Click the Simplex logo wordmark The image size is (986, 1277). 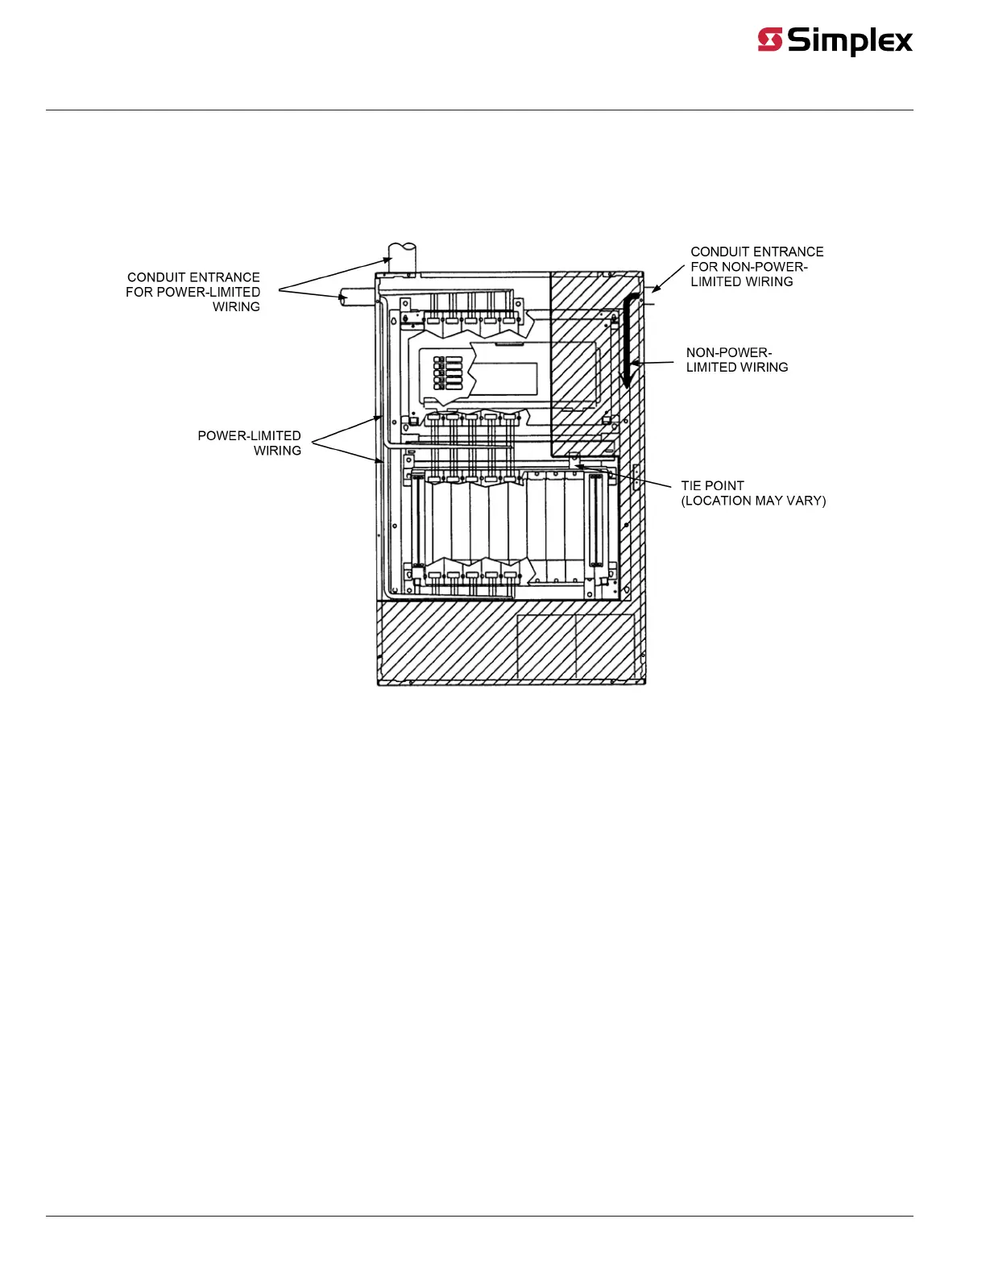[x=850, y=40]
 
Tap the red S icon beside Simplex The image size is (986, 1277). [x=770, y=40]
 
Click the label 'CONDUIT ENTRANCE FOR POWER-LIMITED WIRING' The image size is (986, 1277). [x=193, y=292]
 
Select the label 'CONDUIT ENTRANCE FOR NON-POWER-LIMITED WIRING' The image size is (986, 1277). [x=756, y=267]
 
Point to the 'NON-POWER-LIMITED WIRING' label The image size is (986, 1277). [x=736, y=360]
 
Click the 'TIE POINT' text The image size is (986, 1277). [x=712, y=485]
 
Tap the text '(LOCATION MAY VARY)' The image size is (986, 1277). [x=753, y=501]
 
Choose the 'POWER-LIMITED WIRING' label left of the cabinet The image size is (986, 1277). [x=250, y=443]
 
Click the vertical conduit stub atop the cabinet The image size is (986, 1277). [x=401, y=256]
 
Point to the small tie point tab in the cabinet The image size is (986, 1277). [x=574, y=460]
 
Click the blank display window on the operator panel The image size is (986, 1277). [x=505, y=379]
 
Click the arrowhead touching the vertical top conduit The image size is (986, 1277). [x=387, y=260]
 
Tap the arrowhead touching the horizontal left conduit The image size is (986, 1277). [x=343, y=297]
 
